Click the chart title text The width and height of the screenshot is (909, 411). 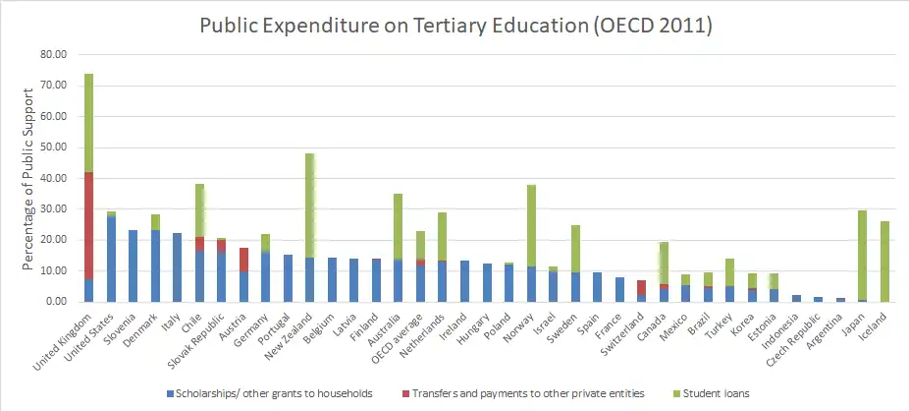point(454,26)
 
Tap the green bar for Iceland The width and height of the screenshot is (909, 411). point(883,261)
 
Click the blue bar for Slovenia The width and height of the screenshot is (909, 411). point(134,265)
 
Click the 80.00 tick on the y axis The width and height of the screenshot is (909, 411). point(50,55)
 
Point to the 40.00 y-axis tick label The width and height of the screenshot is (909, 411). point(50,178)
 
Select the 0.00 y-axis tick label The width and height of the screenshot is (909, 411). point(54,302)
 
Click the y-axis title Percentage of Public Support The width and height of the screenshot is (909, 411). point(28,178)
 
